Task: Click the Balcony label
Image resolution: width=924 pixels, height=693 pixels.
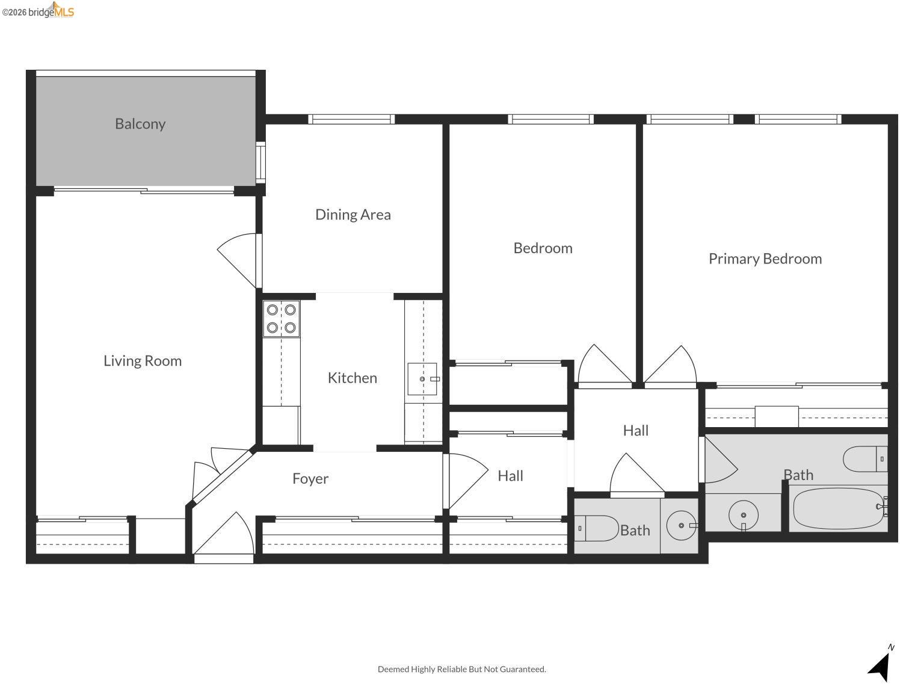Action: coord(140,124)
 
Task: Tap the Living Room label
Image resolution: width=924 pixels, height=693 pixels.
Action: coord(143,361)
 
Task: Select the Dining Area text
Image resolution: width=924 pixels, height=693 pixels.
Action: coord(353,215)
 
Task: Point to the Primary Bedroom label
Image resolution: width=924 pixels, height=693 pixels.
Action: coord(765,259)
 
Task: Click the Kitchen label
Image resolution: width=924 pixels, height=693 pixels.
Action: coord(353,378)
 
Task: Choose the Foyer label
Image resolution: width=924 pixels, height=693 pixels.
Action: coord(310,479)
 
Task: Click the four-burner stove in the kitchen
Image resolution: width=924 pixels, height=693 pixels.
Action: coord(282,319)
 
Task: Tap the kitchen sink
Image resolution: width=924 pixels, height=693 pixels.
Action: coord(422,379)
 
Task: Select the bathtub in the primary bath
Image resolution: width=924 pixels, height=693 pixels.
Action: coord(839,509)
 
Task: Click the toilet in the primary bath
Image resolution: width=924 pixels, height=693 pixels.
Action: coord(865,459)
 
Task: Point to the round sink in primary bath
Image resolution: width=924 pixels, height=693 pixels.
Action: coord(744,516)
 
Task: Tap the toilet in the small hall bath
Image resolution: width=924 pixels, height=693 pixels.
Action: coord(596,528)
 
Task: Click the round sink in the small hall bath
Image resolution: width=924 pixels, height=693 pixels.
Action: coord(682,526)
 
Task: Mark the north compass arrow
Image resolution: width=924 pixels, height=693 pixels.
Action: coord(881,665)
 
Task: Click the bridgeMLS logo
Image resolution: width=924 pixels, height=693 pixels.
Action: coord(38,11)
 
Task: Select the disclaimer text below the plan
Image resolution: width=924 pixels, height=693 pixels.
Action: coord(461,669)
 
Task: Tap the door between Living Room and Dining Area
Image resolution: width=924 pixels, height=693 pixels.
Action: coord(239,257)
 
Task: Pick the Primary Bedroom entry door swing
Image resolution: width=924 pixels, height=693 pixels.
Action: coord(671,366)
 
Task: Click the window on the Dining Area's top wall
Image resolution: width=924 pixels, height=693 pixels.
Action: coord(352,119)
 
